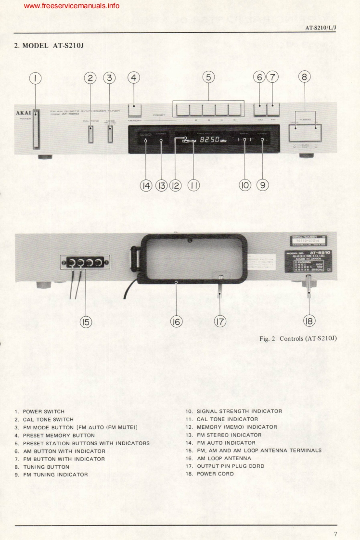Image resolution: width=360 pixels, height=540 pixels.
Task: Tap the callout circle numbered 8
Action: click(305, 77)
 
